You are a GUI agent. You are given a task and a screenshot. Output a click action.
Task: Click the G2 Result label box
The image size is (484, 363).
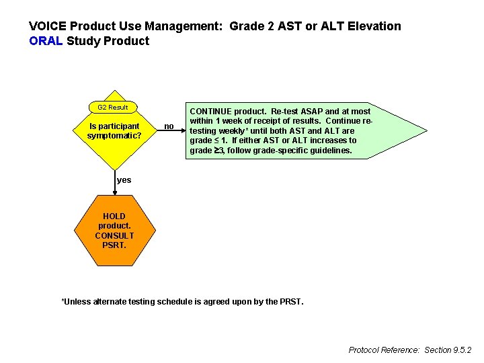[113, 108]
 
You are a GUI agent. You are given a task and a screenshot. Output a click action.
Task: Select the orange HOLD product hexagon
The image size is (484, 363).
[114, 231]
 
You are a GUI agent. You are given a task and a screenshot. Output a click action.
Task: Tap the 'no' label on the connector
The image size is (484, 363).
[169, 126]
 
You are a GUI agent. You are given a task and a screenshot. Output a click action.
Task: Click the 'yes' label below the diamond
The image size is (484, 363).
[124, 180]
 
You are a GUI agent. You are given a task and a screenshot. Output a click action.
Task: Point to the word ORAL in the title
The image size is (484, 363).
[46, 41]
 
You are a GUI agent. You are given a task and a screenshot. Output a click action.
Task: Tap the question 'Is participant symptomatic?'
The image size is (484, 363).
[114, 130]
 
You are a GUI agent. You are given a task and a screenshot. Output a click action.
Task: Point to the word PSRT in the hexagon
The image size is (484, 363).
[114, 245]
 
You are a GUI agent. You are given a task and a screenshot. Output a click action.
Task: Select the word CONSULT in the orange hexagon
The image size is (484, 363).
[114, 236]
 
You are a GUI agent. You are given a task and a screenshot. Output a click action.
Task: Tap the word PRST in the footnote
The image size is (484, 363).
[291, 302]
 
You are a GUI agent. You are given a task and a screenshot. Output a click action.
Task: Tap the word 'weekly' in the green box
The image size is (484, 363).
[226, 130]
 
